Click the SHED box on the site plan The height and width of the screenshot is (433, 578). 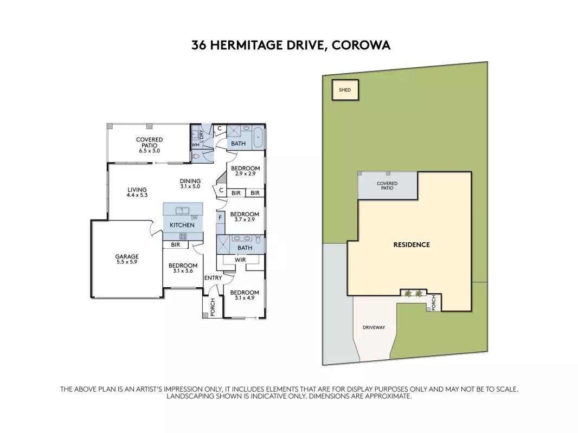345,90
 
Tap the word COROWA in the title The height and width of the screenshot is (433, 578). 361,46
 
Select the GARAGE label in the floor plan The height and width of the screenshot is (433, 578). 127,256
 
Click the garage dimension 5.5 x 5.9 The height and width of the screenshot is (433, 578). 127,262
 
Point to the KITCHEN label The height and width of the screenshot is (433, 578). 182,225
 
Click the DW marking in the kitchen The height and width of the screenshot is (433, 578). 194,218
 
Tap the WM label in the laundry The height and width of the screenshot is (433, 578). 195,145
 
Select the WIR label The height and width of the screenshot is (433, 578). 240,260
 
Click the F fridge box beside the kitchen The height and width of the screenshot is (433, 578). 220,218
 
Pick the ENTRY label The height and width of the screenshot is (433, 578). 213,278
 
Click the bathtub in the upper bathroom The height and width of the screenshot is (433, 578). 258,137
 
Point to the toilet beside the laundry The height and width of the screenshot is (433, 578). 195,157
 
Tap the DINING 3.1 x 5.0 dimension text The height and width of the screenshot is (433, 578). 190,186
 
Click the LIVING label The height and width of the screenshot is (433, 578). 137,190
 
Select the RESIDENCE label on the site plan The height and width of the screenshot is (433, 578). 412,245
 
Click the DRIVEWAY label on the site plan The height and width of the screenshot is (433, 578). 374,328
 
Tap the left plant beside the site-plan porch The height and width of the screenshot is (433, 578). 408,293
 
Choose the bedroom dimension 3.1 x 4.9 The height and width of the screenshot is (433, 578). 245,298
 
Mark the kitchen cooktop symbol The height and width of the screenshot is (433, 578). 183,236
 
